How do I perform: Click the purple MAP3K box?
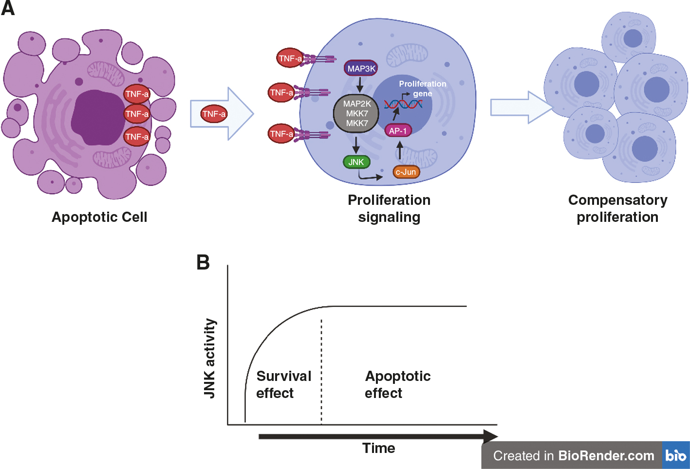coord(361,69)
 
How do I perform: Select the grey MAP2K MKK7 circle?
coord(356,113)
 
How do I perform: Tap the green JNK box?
coord(356,162)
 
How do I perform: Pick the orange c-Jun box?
coord(406,172)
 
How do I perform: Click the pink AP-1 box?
coord(398,130)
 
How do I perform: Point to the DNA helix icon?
coord(403,104)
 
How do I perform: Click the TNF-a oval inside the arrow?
coord(214,114)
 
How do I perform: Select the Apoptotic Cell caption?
coord(99,217)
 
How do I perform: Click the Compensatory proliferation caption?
coord(617,208)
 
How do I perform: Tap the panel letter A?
coord(8,8)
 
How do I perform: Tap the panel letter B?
coord(203,262)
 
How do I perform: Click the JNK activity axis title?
coord(209,358)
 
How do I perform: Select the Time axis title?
coord(378,448)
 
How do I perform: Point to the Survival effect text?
coord(283,384)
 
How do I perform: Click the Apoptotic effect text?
coord(397,384)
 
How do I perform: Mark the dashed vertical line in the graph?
coord(321,370)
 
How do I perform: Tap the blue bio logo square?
coord(676,455)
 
